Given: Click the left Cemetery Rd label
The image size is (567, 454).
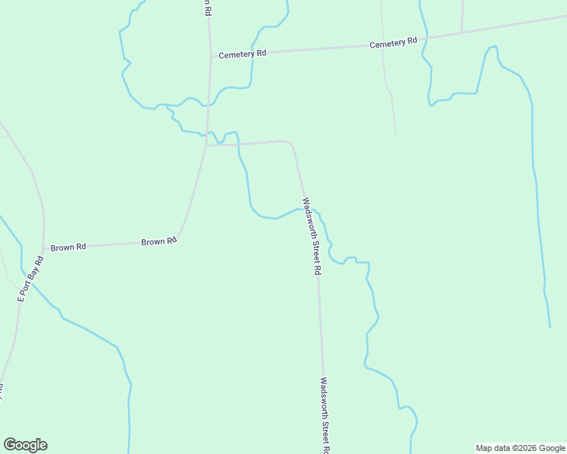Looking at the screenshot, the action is coord(243,54).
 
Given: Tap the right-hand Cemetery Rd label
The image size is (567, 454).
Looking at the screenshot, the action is coord(393,43).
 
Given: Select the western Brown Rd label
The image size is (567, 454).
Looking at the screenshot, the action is coord(68,247).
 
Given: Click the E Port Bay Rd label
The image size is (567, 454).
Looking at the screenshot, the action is coord(31,279).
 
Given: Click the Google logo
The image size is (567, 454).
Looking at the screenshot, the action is coord(25,445).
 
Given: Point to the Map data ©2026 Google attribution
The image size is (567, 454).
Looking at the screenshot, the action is coord(521,448).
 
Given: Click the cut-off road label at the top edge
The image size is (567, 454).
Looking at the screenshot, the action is coord(205,7).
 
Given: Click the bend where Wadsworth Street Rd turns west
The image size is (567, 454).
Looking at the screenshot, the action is coord(290,142).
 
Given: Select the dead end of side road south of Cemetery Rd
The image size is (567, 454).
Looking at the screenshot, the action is coord(396,133).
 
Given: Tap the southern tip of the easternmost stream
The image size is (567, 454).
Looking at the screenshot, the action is coord(550,327).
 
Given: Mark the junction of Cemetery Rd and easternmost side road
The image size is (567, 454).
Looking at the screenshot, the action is coord(462,33).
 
